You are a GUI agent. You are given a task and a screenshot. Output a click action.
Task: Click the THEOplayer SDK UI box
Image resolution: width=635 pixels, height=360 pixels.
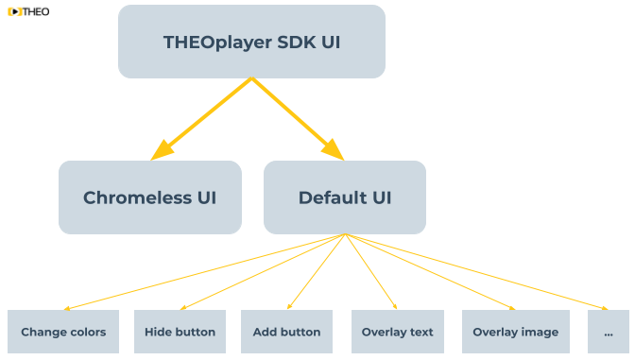tap(251, 42)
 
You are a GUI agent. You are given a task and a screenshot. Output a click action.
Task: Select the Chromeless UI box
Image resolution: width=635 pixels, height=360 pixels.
tap(149, 197)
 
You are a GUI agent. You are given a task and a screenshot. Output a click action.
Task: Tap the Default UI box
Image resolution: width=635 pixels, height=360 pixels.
tap(344, 197)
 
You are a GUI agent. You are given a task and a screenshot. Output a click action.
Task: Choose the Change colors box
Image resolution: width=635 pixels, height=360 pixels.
tap(63, 332)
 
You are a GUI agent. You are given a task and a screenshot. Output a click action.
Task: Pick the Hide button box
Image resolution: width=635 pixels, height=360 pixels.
tap(180, 332)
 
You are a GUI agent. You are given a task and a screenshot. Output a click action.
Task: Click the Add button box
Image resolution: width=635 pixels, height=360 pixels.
tap(286, 332)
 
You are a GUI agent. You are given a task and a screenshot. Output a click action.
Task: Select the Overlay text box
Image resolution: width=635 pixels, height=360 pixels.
tap(397, 332)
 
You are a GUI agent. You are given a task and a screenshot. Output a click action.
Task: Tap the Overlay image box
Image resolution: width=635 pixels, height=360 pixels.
tap(515, 332)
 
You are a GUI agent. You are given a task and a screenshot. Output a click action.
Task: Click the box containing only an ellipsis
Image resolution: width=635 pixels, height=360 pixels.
tap(608, 332)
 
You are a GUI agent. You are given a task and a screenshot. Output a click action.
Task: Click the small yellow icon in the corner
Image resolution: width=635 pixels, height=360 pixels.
tap(15, 11)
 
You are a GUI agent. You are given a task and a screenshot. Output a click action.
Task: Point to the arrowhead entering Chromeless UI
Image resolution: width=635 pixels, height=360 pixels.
tap(161, 151)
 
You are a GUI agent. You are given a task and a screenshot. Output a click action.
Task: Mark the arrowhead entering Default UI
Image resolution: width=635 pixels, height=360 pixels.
tap(334, 151)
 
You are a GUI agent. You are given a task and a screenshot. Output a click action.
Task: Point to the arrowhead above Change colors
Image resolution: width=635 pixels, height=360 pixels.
tap(66, 307)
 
